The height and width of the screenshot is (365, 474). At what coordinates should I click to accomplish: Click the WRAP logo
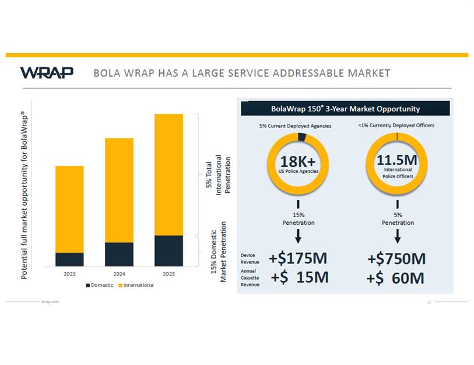click(47, 72)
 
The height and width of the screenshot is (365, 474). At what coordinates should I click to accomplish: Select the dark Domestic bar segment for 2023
click(69, 260)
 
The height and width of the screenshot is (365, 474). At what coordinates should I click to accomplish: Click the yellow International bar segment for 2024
click(119, 190)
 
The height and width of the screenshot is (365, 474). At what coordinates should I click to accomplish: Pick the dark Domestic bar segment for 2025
click(168, 251)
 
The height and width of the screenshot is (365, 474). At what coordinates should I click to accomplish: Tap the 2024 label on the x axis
click(119, 274)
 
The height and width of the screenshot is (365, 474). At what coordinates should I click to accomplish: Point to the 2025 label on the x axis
click(168, 274)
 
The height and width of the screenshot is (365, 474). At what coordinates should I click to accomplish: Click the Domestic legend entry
click(100, 285)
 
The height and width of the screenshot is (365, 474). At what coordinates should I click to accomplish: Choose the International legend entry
click(136, 285)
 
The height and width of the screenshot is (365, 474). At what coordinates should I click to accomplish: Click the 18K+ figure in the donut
click(298, 161)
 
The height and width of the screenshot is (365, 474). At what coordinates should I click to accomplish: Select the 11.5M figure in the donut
click(397, 160)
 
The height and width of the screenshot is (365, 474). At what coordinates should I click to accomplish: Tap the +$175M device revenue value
click(298, 258)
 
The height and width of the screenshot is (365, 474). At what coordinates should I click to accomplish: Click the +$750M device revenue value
click(396, 259)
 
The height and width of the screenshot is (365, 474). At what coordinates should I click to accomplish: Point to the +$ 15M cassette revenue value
click(299, 277)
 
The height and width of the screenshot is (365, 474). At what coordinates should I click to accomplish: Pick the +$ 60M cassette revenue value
click(395, 278)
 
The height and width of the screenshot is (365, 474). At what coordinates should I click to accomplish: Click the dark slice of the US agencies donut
click(302, 137)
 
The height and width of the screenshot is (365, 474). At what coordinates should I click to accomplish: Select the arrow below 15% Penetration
click(298, 236)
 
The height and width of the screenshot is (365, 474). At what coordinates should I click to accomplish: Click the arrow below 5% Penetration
click(398, 236)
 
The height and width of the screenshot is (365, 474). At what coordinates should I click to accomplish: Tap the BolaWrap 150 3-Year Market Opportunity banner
click(345, 109)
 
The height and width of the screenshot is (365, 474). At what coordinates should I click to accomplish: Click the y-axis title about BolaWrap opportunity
click(24, 195)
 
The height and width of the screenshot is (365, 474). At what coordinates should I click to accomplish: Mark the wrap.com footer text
click(50, 302)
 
